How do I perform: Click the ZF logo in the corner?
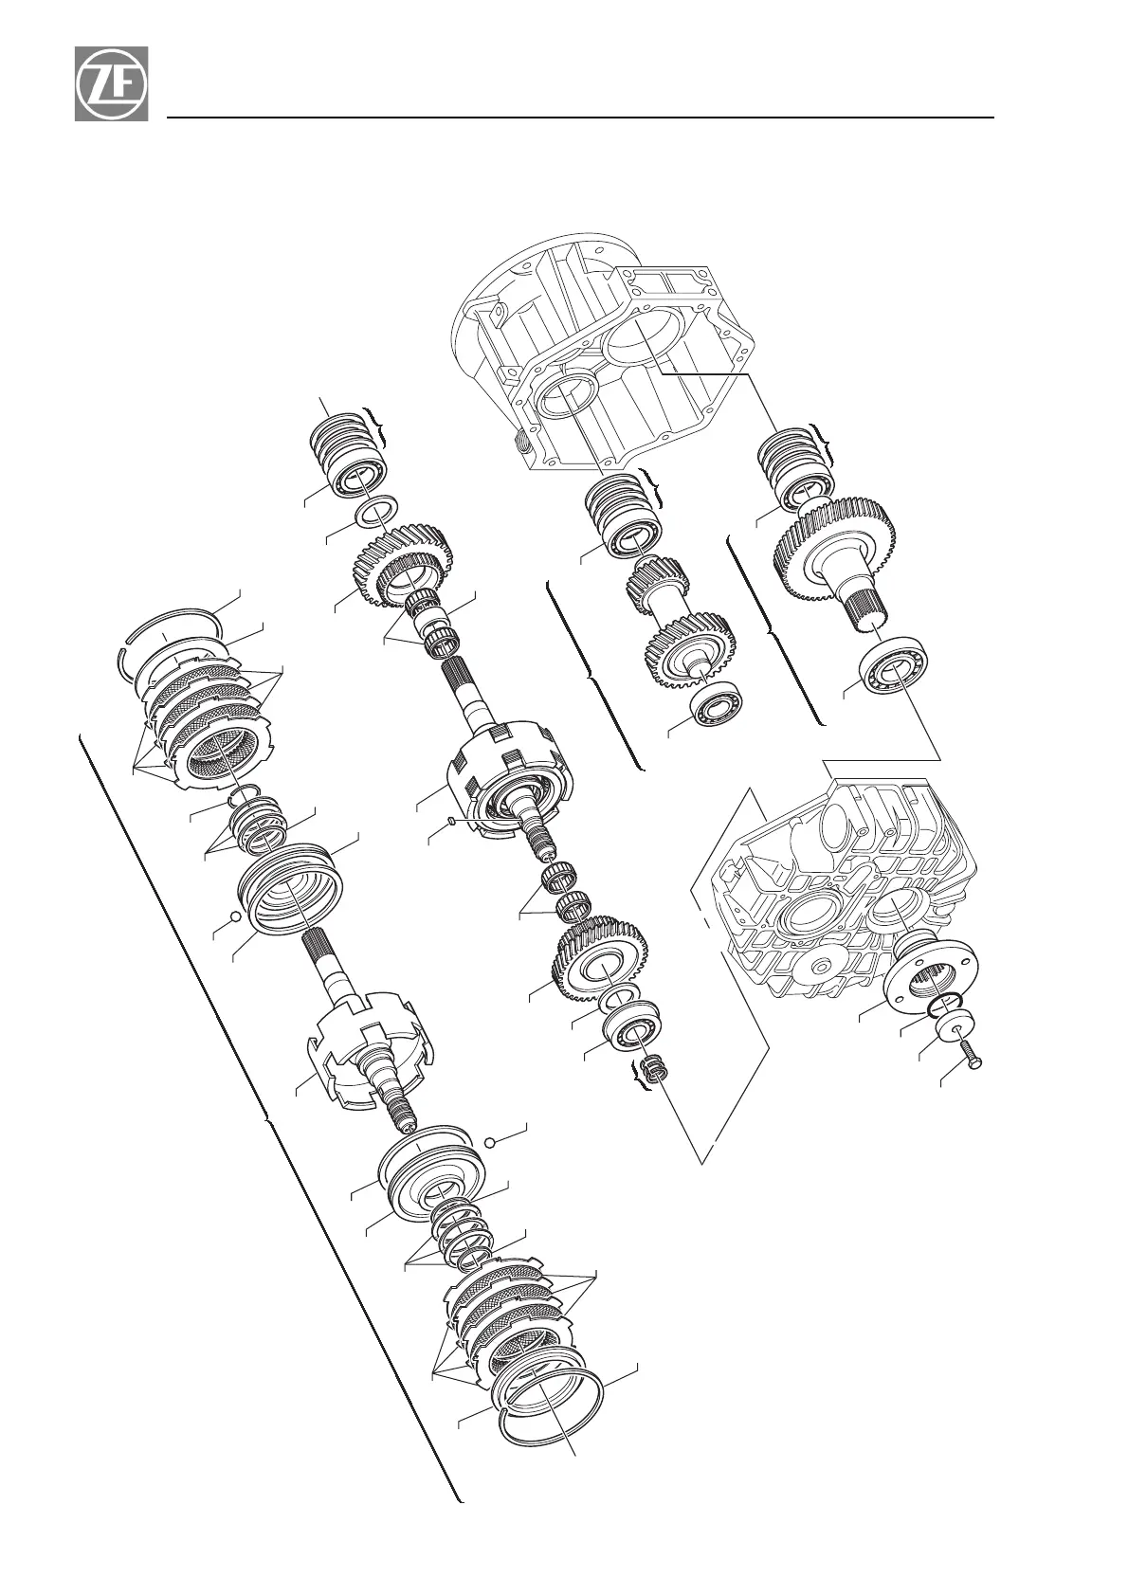pyautogui.click(x=111, y=83)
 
